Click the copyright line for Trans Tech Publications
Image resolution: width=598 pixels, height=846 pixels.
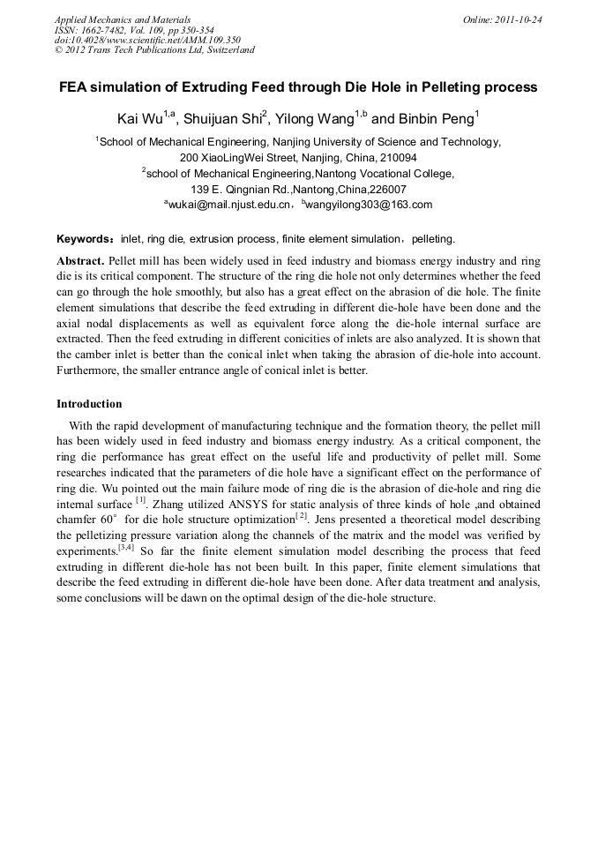pos(154,50)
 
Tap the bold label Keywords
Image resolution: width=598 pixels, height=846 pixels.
pos(83,238)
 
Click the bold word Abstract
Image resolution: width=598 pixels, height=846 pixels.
pos(80,262)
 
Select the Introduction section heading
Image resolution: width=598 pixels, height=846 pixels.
pos(89,404)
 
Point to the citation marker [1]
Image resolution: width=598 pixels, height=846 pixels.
pos(140,498)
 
